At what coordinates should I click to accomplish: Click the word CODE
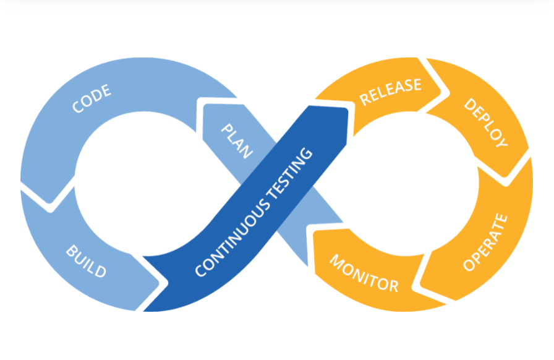pos(92,100)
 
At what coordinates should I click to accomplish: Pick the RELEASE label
pos(390,92)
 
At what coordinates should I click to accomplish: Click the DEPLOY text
pos(485,122)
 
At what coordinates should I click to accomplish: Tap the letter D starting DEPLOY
pos(469,103)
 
